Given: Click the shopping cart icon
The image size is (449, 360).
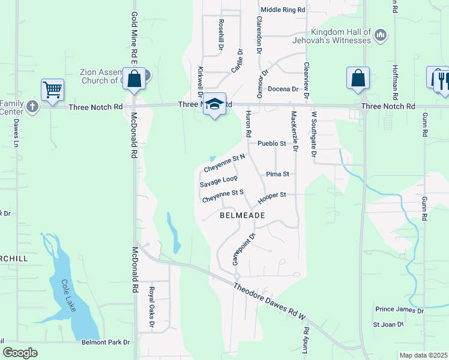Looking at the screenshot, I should (52, 90).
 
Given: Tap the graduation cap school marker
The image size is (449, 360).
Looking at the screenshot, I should (214, 104).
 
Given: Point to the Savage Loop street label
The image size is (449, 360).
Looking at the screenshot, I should (218, 181).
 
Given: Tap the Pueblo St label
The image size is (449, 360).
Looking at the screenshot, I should (271, 144).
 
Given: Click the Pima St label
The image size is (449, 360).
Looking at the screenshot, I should (278, 174).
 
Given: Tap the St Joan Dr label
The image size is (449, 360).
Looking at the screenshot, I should (388, 325).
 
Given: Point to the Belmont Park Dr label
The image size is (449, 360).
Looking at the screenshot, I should (106, 343).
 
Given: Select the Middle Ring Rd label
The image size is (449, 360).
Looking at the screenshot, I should (283, 10).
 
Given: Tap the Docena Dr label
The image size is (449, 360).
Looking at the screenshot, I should (283, 89).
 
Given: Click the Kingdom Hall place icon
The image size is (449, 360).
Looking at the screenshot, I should (380, 36).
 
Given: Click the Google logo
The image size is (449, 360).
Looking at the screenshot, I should (20, 353).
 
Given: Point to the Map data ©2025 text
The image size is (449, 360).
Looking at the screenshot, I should (423, 355).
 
